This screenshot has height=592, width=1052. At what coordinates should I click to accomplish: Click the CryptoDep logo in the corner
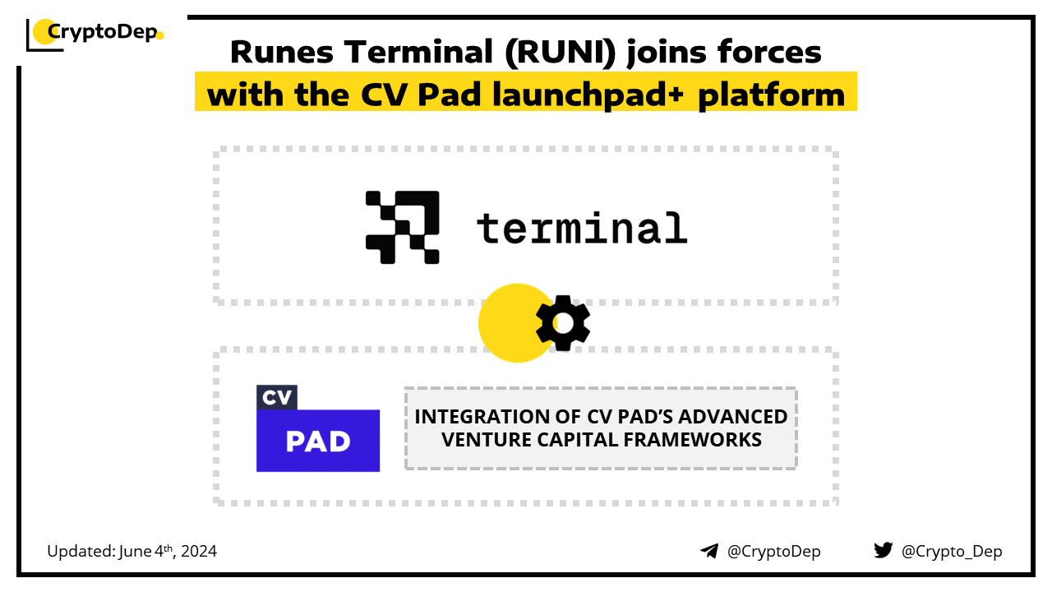[x=95, y=34]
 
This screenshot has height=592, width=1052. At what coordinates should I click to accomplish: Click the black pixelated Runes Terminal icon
[x=403, y=227]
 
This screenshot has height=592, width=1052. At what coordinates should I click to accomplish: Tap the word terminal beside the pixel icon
[x=581, y=228]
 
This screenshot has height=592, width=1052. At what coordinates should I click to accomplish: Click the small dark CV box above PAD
[x=276, y=397]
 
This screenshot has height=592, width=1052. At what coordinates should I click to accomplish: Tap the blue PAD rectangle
[x=318, y=441]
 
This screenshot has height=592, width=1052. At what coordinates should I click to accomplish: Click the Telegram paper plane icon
[x=709, y=551]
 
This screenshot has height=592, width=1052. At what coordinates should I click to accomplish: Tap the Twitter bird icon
[x=883, y=551]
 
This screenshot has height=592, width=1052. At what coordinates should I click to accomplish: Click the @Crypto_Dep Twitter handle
[x=952, y=552]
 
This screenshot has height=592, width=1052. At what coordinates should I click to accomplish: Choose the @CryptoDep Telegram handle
[x=773, y=552]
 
